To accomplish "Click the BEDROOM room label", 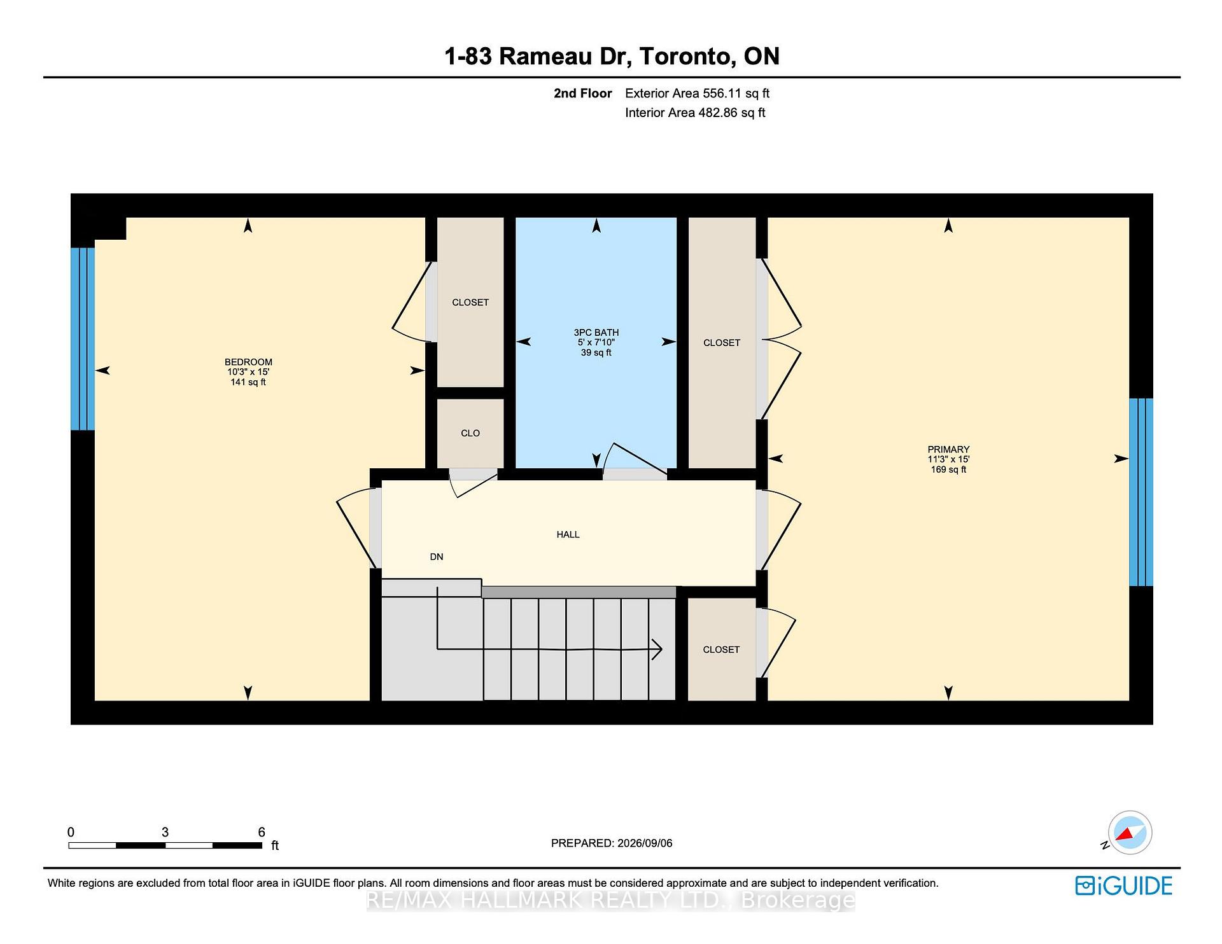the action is [x=248, y=362].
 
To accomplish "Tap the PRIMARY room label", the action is [x=948, y=449].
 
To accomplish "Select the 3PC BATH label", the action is [x=596, y=332].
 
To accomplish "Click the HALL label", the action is [x=568, y=534].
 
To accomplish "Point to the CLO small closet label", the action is [x=470, y=433].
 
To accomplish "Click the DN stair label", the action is [x=437, y=557].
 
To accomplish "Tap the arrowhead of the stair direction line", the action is [x=657, y=649].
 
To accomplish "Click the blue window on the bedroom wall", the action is [x=83, y=338].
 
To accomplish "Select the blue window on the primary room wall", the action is [x=1141, y=492].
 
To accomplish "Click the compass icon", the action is [x=1130, y=833].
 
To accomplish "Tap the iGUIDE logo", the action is [x=1124, y=885].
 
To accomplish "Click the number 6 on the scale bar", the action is [x=262, y=832].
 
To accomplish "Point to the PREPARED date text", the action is [x=612, y=843].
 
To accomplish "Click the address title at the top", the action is [x=612, y=56].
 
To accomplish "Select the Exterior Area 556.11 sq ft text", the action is [x=698, y=94].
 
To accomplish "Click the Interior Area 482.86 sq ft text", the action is [x=695, y=113].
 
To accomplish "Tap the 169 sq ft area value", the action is [x=948, y=469].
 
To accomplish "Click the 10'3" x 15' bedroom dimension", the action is [x=248, y=372].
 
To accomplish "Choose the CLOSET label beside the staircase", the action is [x=721, y=649].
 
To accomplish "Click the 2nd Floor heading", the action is [x=583, y=94].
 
